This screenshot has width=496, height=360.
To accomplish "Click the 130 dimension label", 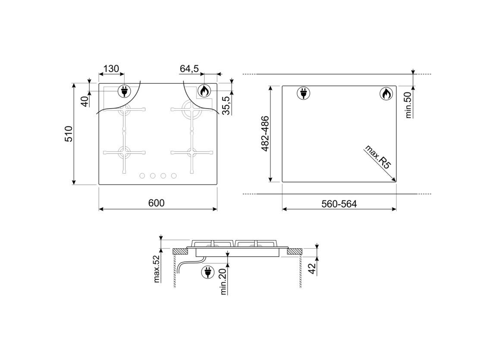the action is (x=111, y=69).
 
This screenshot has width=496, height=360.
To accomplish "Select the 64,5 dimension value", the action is (x=189, y=69).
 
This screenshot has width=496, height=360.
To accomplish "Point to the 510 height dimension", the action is (x=69, y=134).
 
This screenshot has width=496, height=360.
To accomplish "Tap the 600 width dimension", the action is (x=156, y=203).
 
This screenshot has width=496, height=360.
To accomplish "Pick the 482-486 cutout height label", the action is (x=265, y=134).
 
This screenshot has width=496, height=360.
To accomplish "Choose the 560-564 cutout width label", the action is (x=339, y=204).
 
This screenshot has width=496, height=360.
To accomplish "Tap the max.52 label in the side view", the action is (x=157, y=268).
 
